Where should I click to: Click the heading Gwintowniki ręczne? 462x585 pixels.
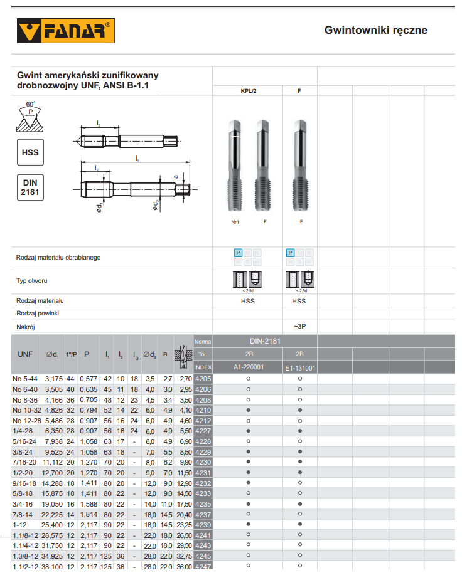click(375, 30)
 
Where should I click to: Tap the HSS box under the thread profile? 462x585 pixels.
click(30, 152)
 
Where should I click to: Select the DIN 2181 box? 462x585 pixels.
click(30, 187)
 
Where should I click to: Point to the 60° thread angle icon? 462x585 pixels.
click(30, 117)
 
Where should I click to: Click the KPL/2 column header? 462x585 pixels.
click(249, 91)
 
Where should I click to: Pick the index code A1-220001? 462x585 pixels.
click(249, 367)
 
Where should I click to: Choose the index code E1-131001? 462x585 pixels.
click(299, 368)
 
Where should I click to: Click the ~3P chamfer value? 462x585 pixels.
click(299, 327)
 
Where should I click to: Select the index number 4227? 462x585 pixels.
click(203, 431)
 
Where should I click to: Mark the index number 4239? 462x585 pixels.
click(203, 524)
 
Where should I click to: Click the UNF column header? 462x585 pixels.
click(25, 354)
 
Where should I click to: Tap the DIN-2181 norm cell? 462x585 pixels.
click(265, 341)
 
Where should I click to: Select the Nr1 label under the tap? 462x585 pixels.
click(236, 222)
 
